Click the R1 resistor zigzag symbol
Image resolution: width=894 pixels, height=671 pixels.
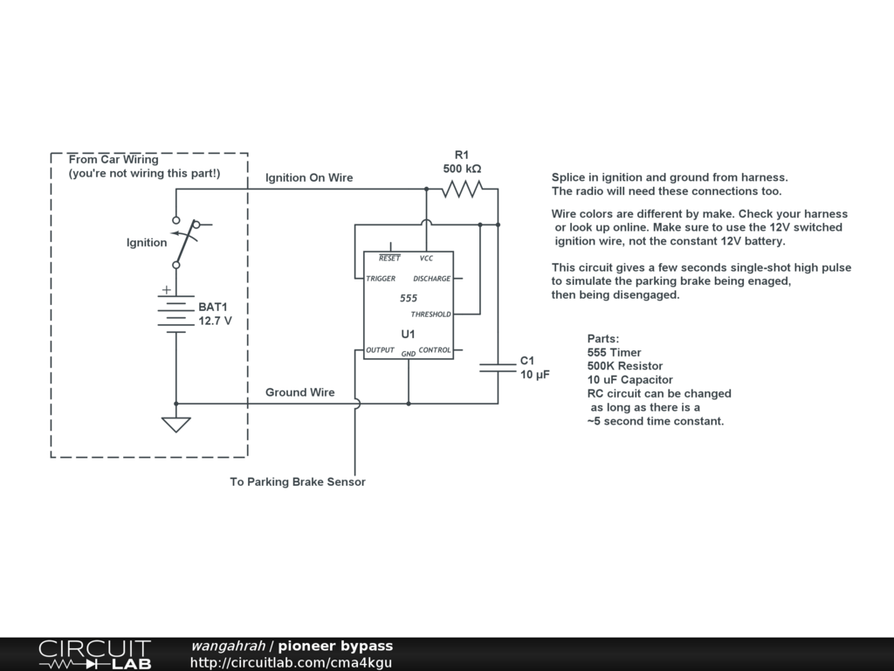click(x=462, y=189)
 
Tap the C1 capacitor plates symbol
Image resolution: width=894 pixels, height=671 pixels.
click(x=499, y=367)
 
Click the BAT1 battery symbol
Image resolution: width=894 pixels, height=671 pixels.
click(x=175, y=315)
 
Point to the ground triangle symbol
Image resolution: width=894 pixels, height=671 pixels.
click(x=175, y=425)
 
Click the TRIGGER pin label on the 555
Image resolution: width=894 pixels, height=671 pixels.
click(x=381, y=279)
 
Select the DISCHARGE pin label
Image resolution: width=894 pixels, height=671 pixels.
click(x=432, y=279)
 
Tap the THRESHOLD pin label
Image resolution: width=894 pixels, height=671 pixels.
click(x=430, y=315)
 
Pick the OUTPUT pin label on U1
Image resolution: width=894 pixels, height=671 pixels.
click(x=380, y=350)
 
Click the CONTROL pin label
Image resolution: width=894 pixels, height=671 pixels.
click(x=435, y=350)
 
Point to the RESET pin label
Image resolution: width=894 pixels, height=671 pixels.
click(x=389, y=259)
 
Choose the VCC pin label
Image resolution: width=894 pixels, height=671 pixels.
click(x=426, y=259)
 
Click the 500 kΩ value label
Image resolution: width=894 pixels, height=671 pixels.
click(x=462, y=169)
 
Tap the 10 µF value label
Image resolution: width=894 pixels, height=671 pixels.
click(x=533, y=375)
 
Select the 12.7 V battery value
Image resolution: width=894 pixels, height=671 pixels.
click(x=216, y=321)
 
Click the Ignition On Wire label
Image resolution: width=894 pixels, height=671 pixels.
click(x=309, y=178)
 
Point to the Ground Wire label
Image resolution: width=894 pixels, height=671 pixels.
click(x=299, y=392)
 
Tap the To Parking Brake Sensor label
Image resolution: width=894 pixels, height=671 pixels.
click(x=298, y=481)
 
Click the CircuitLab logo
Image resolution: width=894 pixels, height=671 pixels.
click(x=94, y=654)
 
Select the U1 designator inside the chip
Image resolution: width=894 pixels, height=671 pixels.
click(x=408, y=334)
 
